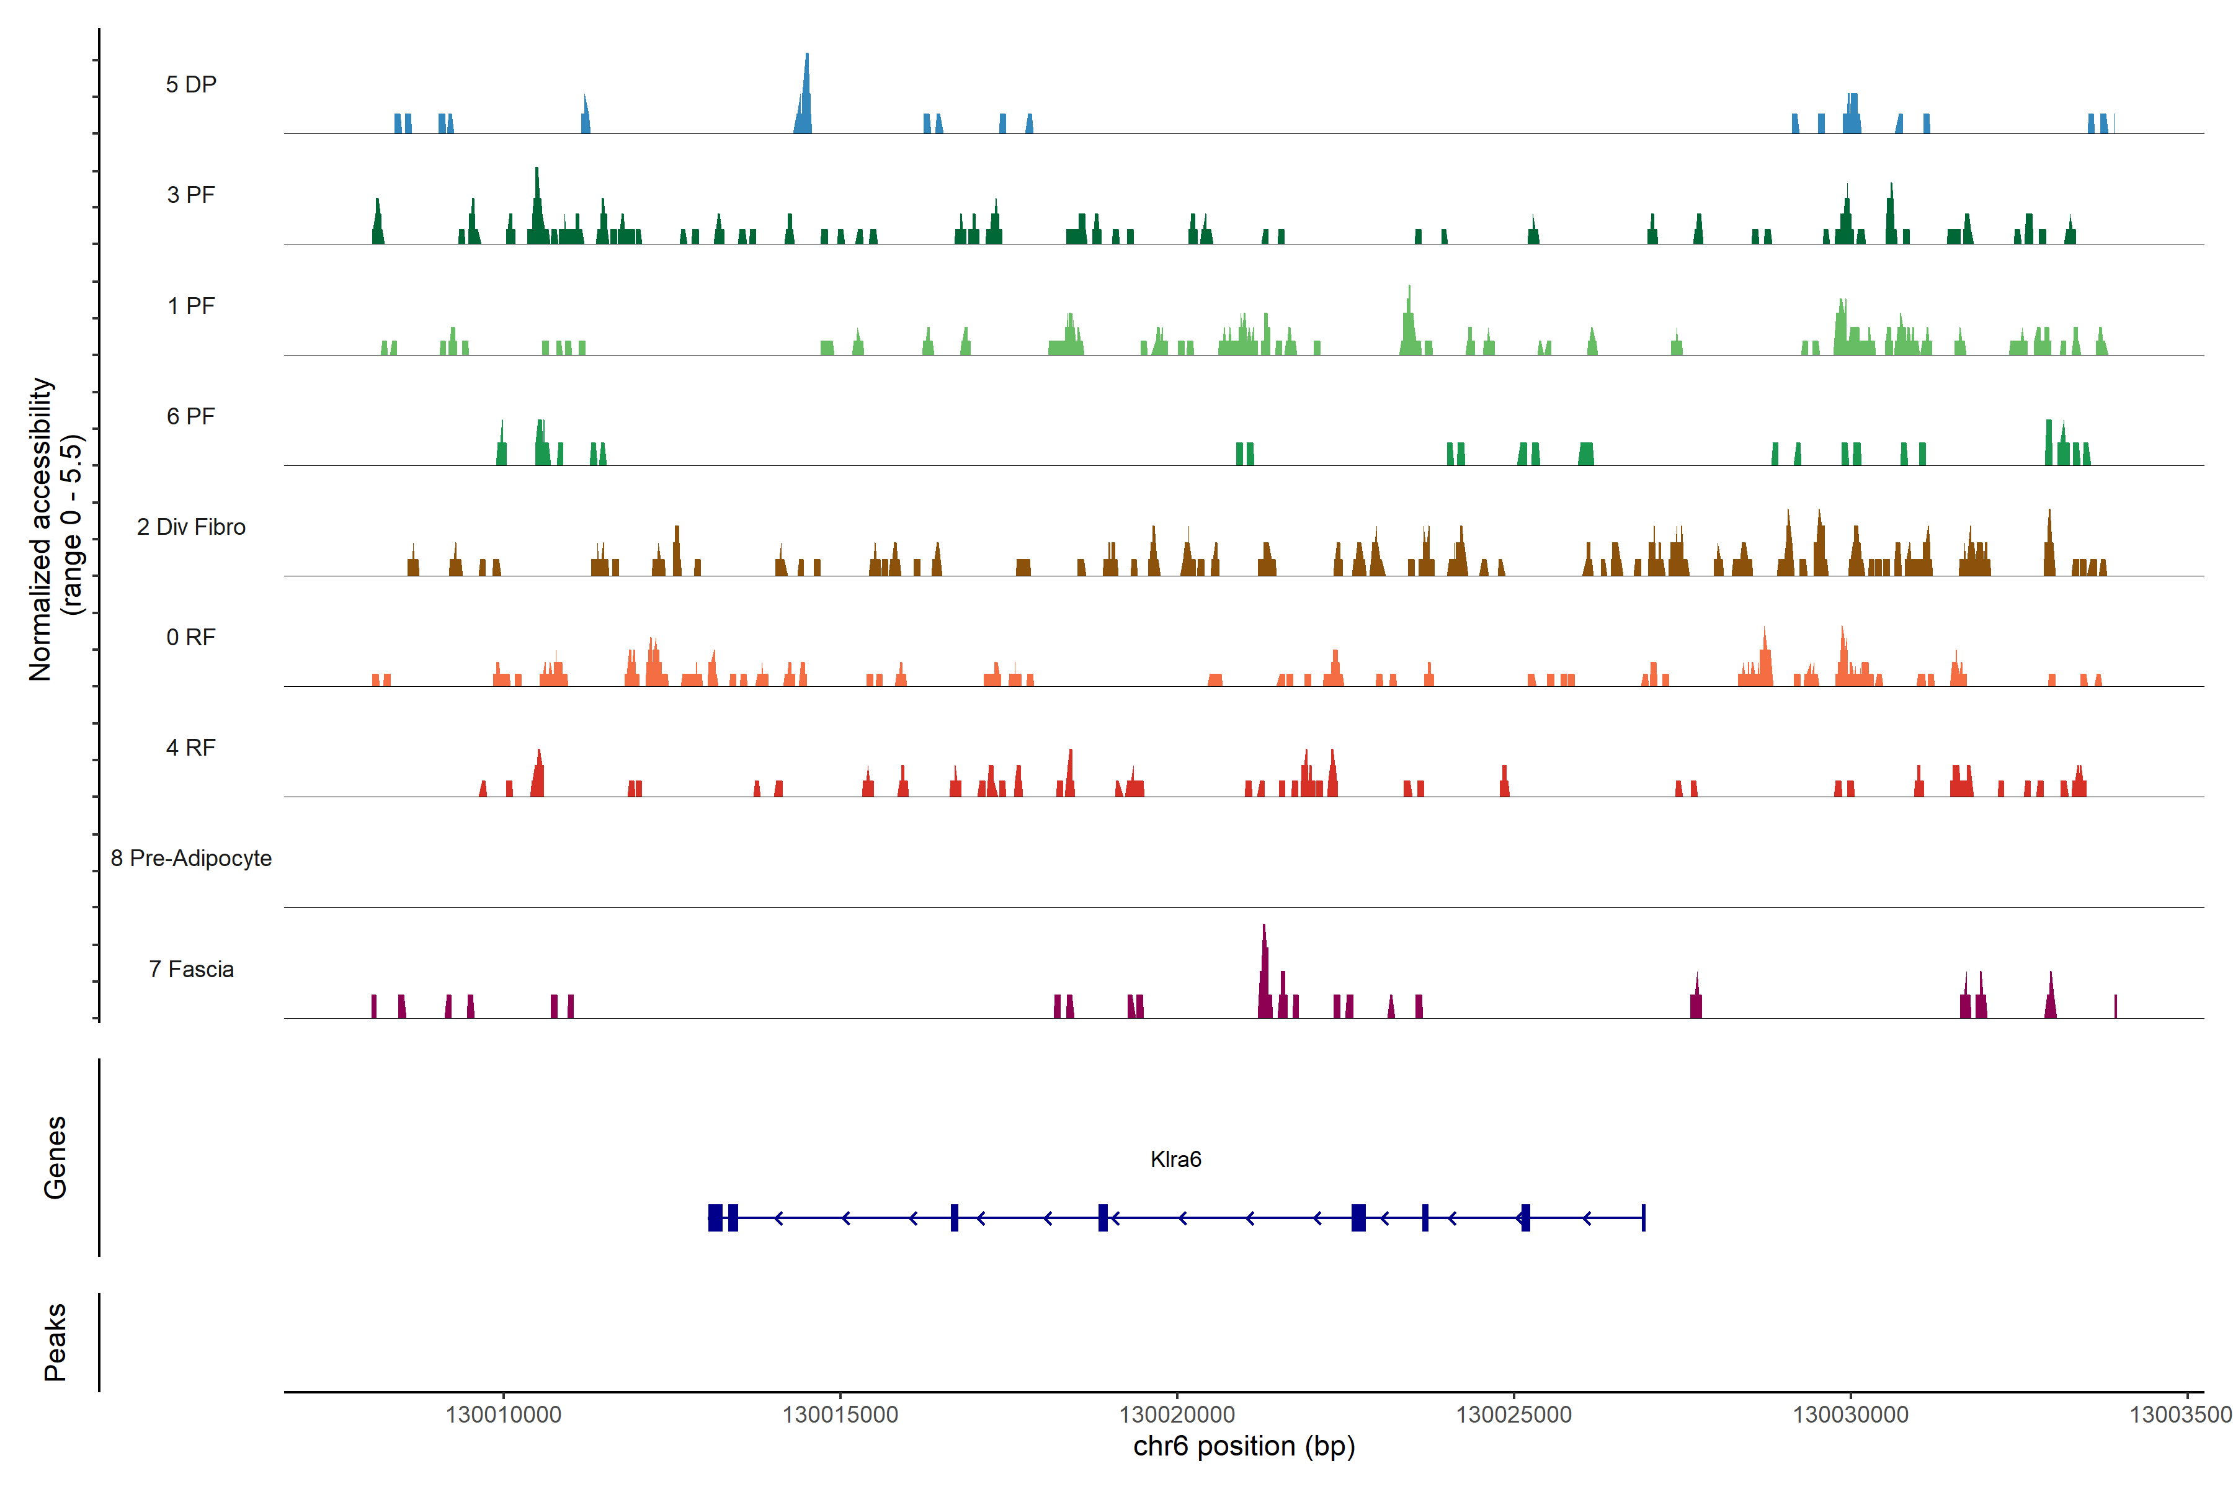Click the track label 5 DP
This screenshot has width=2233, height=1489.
(x=191, y=84)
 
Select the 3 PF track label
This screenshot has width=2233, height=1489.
(x=191, y=195)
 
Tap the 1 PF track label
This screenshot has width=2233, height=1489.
(x=191, y=306)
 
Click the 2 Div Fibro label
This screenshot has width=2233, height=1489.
(x=191, y=527)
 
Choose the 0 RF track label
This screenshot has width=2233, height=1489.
(x=191, y=637)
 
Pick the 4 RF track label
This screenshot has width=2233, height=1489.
(x=191, y=748)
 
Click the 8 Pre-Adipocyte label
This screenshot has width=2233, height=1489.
(x=191, y=859)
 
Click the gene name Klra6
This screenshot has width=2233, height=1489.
(x=1175, y=1160)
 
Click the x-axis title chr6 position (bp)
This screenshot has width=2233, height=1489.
(x=1244, y=1446)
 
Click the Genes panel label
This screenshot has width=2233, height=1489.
(x=55, y=1158)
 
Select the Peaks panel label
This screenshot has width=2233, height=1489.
(x=55, y=1342)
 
